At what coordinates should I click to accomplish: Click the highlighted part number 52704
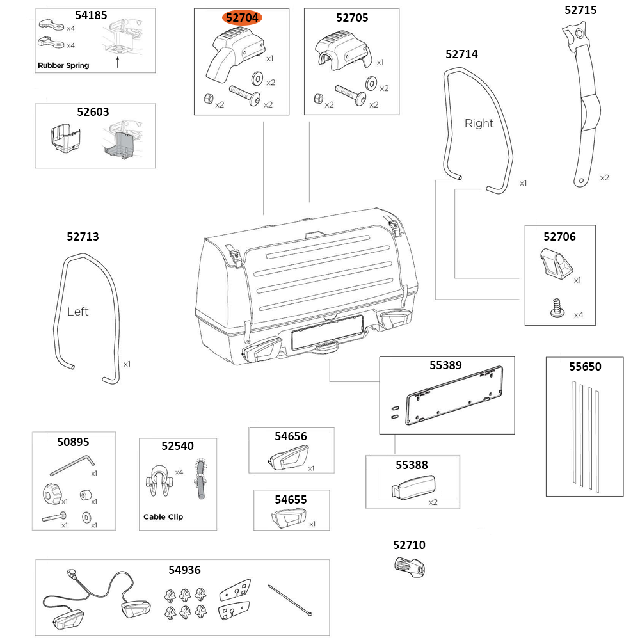coord(242,18)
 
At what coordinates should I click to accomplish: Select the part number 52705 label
coord(351,18)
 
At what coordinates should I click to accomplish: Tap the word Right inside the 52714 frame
coord(479,124)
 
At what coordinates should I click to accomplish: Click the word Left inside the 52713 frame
coord(78,312)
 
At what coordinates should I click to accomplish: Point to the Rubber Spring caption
coord(63,65)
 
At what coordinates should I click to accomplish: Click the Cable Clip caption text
coord(163,516)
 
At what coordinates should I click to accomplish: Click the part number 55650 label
coord(585,367)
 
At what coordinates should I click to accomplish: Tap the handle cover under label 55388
coord(414,488)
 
